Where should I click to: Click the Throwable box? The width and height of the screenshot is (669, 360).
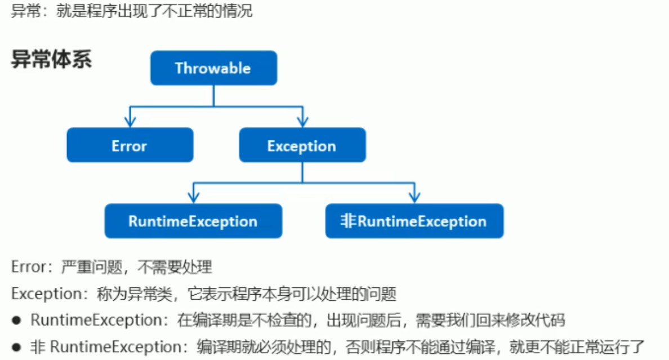213,68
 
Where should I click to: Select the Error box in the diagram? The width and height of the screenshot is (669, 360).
130,145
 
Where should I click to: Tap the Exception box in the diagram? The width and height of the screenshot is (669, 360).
302,145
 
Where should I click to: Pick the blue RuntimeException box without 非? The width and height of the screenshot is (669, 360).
193,221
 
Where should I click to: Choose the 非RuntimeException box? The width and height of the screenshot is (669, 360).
414,221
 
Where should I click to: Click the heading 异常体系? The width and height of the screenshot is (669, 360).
51,60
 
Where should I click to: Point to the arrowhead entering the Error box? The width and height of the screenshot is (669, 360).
130,121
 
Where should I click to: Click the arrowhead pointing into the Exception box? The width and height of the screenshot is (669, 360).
302,121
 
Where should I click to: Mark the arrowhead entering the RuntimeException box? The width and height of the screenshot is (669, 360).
193,197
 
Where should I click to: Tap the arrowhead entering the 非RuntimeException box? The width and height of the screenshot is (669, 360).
414,197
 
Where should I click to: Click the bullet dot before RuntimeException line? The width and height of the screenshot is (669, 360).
17,320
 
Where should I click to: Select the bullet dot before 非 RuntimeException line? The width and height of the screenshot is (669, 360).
17,346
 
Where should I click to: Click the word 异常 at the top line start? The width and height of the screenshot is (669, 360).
24,11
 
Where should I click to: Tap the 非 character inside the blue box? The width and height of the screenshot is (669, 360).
349,221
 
